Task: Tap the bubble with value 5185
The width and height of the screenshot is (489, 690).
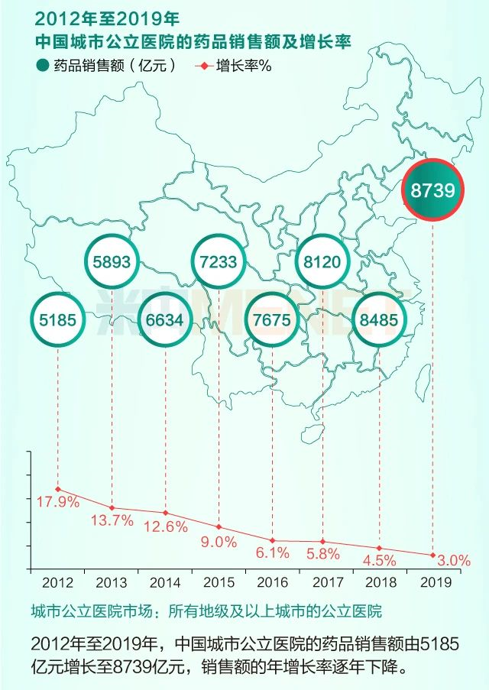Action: [58, 320]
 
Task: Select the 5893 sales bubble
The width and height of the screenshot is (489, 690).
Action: [112, 261]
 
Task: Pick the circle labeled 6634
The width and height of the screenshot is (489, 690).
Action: [165, 320]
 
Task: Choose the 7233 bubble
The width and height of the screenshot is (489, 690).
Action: [219, 261]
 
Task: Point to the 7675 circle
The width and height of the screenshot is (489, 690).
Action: [272, 320]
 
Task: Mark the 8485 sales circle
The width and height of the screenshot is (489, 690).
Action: [378, 320]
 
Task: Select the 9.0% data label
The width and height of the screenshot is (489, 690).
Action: [219, 542]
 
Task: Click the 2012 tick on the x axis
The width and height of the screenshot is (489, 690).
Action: [58, 582]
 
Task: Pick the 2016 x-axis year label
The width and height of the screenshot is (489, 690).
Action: [273, 582]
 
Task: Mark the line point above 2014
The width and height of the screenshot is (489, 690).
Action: [165, 513]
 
